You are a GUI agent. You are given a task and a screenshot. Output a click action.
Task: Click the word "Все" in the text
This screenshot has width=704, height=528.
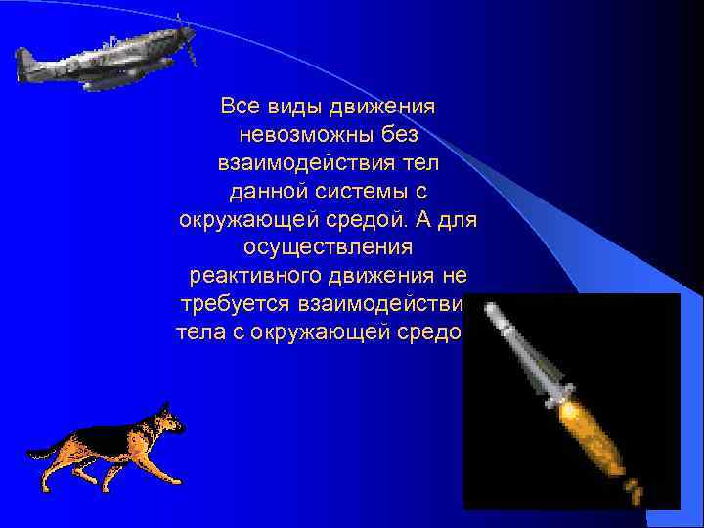pyautogui.click(x=240, y=105)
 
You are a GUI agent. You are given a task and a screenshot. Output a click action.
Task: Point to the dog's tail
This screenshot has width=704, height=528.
pyautogui.click(x=44, y=452)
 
